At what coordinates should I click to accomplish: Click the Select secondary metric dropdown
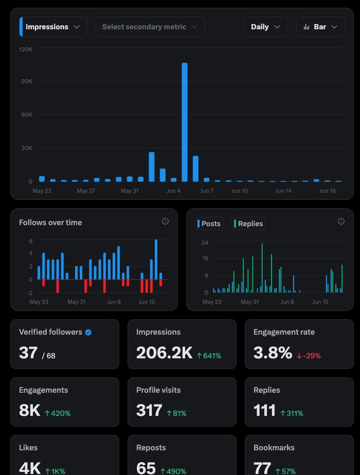[x=150, y=27]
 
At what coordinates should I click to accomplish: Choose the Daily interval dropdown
[x=265, y=27]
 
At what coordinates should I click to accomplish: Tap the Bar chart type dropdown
[x=320, y=27]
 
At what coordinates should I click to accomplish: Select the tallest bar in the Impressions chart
[x=185, y=122]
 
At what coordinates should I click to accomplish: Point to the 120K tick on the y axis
[x=26, y=49]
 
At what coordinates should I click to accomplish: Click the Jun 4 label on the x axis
[x=173, y=191]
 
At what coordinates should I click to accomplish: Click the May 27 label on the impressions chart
[x=86, y=191]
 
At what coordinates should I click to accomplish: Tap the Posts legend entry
[x=209, y=224]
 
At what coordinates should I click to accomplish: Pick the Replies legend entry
[x=248, y=224]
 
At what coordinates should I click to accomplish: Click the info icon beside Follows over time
[x=165, y=222]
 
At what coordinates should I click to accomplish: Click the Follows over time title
[x=50, y=223]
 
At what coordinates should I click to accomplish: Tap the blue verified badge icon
[x=88, y=333]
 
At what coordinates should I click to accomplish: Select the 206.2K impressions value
[x=164, y=353]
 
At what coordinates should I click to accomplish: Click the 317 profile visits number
[x=149, y=410]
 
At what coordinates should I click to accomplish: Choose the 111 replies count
[x=265, y=410]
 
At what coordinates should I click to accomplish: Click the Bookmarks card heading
[x=274, y=448]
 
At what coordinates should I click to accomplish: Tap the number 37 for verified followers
[x=28, y=353]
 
